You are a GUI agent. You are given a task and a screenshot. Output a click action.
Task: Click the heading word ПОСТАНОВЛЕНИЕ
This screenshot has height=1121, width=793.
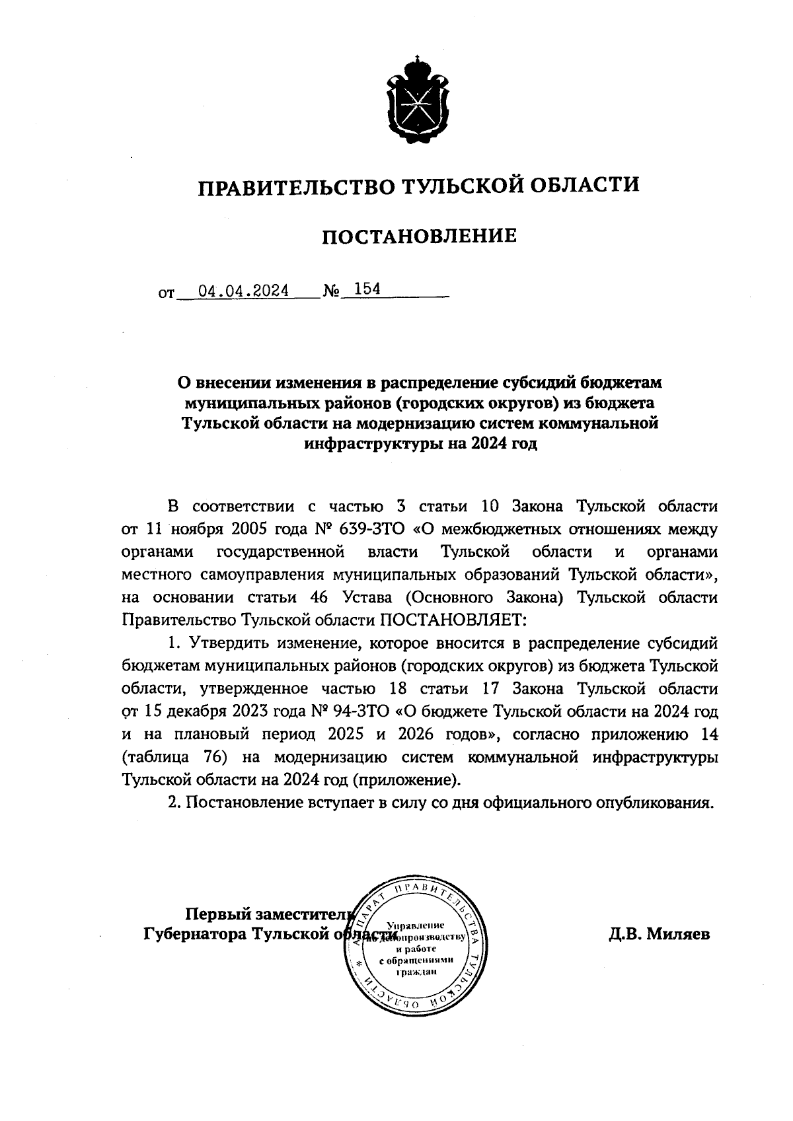(419, 236)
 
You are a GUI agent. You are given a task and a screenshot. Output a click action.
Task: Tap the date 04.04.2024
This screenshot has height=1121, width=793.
(244, 290)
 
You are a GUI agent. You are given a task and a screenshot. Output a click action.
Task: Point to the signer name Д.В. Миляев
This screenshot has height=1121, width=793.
(659, 934)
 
